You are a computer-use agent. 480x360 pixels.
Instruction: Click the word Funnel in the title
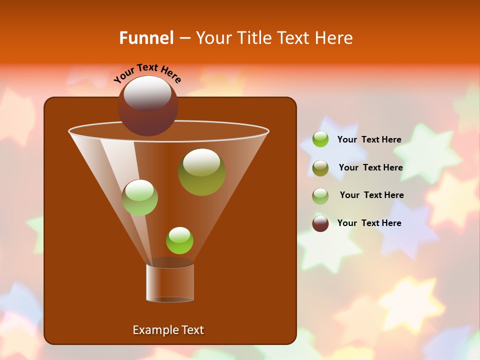click(146, 38)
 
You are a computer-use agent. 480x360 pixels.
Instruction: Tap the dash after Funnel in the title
click(184, 38)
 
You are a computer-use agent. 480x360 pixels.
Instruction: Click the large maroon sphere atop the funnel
click(147, 105)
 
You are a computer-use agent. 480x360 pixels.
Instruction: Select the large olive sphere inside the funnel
click(201, 172)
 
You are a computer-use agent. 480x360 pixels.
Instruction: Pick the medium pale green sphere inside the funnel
click(139, 197)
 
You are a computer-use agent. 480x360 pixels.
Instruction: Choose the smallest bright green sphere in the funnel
click(179, 240)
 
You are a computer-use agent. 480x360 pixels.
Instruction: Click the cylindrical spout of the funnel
click(170, 282)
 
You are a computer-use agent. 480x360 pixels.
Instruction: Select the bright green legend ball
click(320, 139)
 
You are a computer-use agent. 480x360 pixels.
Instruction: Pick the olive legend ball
click(320, 168)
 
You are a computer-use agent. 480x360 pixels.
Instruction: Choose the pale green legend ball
click(320, 195)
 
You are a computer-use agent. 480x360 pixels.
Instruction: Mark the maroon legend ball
click(320, 223)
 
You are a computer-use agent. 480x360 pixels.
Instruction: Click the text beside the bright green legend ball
click(369, 139)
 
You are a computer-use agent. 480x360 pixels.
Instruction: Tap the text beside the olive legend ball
click(370, 167)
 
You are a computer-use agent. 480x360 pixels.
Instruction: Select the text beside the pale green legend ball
click(371, 195)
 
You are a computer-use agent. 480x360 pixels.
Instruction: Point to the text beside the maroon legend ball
click(369, 223)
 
